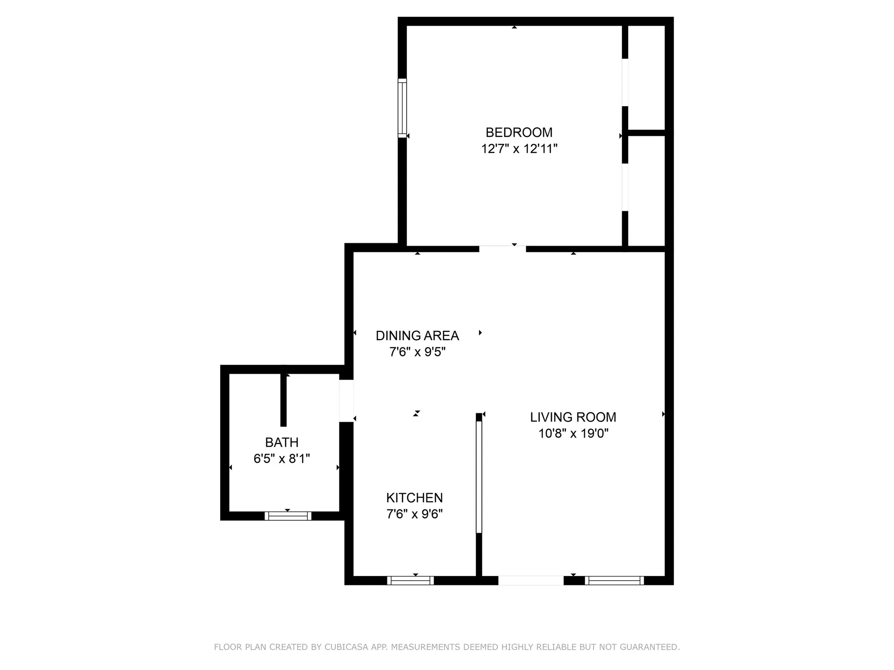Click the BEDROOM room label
tap(519, 133)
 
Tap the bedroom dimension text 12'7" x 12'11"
tap(519, 149)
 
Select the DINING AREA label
tap(417, 335)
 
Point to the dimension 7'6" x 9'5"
tap(417, 352)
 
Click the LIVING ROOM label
tap(573, 417)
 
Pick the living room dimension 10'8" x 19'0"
tap(573, 434)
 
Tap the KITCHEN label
tap(414, 498)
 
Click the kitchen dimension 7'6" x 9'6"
tap(414, 514)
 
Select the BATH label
tap(282, 442)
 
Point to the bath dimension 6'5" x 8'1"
tap(282, 459)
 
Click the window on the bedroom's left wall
tap(402, 108)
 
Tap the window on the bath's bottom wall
tap(288, 516)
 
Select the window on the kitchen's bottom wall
tap(410, 580)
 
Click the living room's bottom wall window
tap(614, 580)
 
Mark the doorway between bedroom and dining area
tap(502, 248)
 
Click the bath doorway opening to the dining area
tap(346, 401)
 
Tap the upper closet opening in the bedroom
tap(625, 82)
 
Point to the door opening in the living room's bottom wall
tap(531, 580)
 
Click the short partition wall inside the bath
tap(283, 400)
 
